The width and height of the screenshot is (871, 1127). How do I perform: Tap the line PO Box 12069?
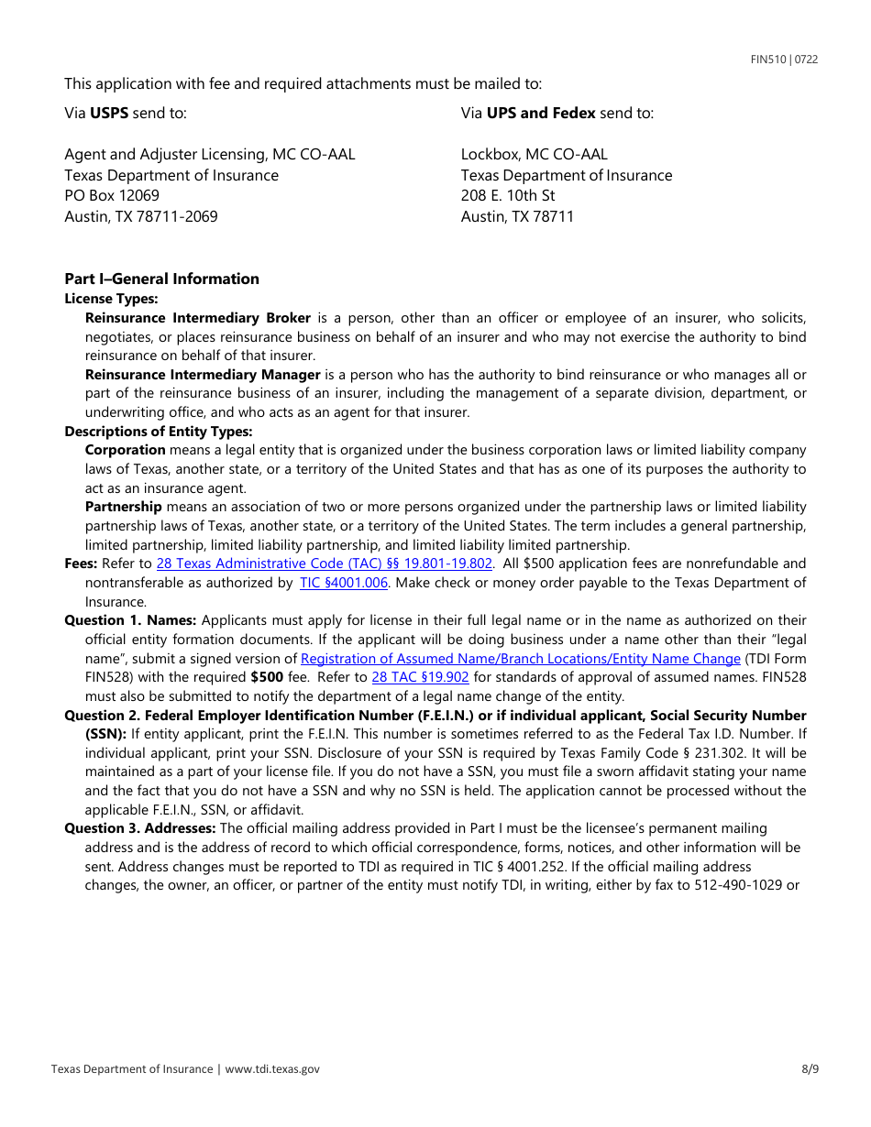[112, 195]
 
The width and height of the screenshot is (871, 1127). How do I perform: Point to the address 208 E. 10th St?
[508, 195]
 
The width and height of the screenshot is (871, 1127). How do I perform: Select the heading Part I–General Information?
[161, 279]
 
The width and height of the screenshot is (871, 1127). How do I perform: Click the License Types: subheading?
[111, 299]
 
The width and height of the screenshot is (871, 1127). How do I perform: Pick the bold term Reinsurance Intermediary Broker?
[197, 318]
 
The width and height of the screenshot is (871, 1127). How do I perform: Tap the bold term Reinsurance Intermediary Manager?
[203, 375]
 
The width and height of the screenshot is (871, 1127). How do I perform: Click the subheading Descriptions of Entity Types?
[158, 432]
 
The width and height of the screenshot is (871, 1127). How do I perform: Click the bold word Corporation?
[125, 450]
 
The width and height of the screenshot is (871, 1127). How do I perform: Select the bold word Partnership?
[123, 507]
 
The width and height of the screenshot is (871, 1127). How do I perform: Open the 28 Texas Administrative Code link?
[325, 563]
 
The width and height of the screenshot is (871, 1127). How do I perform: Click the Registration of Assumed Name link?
[520, 659]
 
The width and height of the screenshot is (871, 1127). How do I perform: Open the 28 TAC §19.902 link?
[420, 677]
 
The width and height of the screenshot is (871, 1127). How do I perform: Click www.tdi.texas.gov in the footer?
[272, 1068]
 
